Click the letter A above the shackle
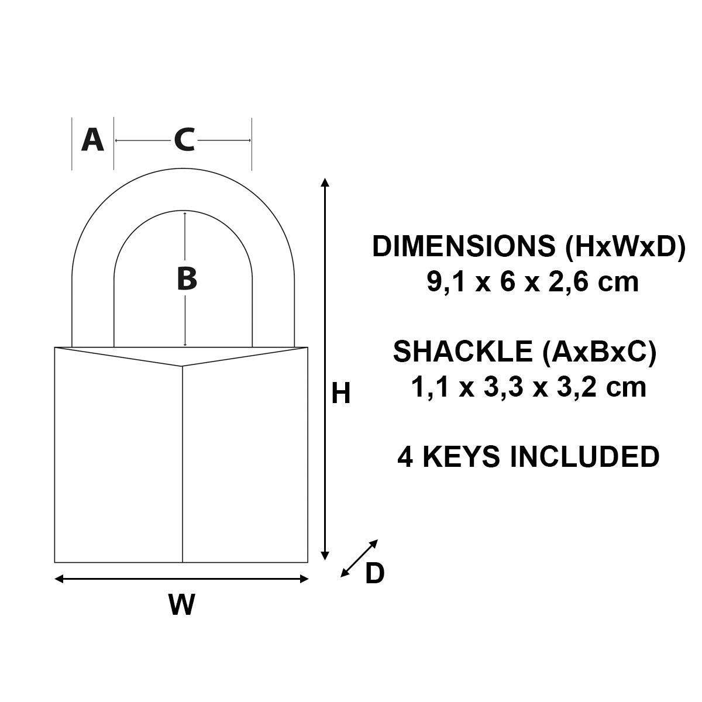92,140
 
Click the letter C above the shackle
184,140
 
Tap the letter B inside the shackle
187,279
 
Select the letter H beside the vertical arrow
340,394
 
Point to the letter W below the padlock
182,604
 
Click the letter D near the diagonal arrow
374,573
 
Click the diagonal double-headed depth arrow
359,558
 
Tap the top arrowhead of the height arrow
326,183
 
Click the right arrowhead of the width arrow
304,579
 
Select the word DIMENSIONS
463,246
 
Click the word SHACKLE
463,351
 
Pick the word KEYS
460,456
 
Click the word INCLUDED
584,456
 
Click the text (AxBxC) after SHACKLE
599,352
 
